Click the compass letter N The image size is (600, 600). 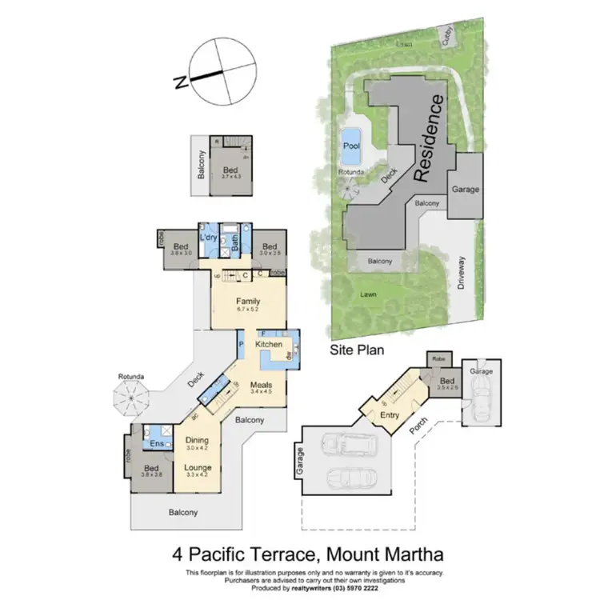click(x=182, y=81)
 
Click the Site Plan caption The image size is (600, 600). click(x=358, y=350)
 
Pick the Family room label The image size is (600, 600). click(x=249, y=301)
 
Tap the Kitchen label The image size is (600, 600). click(x=270, y=344)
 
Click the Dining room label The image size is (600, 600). click(x=197, y=440)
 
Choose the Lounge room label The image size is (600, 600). click(x=197, y=467)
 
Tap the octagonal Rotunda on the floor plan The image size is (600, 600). click(x=130, y=397)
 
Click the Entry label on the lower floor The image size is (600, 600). click(x=390, y=414)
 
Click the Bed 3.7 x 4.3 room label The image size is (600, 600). click(x=230, y=170)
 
